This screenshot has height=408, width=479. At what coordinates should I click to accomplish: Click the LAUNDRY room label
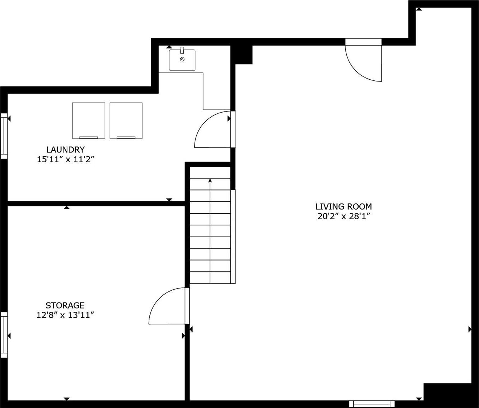click(x=66, y=150)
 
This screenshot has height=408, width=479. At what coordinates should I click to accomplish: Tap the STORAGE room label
click(x=65, y=305)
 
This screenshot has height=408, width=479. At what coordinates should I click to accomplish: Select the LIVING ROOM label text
click(x=343, y=207)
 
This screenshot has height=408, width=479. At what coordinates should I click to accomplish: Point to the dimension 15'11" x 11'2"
click(x=66, y=159)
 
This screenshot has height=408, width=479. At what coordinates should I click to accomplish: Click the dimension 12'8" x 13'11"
click(x=65, y=315)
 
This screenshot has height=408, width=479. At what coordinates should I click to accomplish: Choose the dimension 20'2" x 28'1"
click(x=343, y=216)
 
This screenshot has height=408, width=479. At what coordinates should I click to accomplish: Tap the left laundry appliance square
click(x=88, y=120)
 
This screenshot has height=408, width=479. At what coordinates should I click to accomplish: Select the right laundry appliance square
click(x=126, y=120)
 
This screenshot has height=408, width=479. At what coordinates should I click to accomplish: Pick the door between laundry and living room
click(x=214, y=130)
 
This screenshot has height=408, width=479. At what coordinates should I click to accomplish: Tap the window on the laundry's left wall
click(x=4, y=136)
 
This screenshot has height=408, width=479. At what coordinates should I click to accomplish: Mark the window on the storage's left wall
click(x=4, y=335)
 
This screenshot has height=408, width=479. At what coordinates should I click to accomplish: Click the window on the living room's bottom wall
click(x=372, y=404)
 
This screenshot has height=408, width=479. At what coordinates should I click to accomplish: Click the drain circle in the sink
click(x=182, y=59)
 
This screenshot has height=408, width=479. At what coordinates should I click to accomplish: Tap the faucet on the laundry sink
click(x=182, y=50)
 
